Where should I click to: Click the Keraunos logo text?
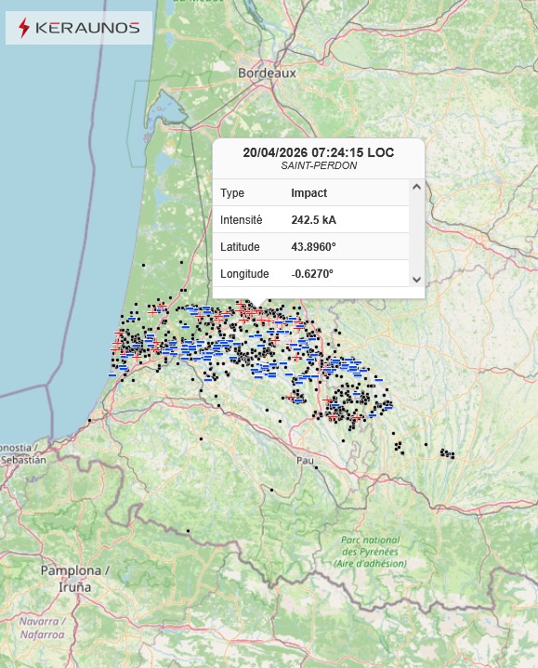(x=86, y=28)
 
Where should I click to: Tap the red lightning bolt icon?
(x=23, y=28)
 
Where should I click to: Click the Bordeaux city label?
(x=267, y=72)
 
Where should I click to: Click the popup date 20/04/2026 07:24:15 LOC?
(x=318, y=151)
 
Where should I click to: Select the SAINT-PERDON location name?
(x=318, y=165)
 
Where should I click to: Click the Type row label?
(x=232, y=193)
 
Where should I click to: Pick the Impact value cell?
(x=308, y=193)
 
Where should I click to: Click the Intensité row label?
(x=242, y=220)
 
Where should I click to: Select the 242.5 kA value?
(x=313, y=220)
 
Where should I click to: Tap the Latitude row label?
(x=240, y=247)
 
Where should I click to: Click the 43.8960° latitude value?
(x=313, y=247)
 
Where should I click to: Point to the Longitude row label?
(x=244, y=274)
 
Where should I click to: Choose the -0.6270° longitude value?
(x=312, y=274)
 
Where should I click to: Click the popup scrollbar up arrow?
(x=416, y=187)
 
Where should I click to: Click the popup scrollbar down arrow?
(x=416, y=280)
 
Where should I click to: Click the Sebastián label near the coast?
(x=23, y=459)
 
